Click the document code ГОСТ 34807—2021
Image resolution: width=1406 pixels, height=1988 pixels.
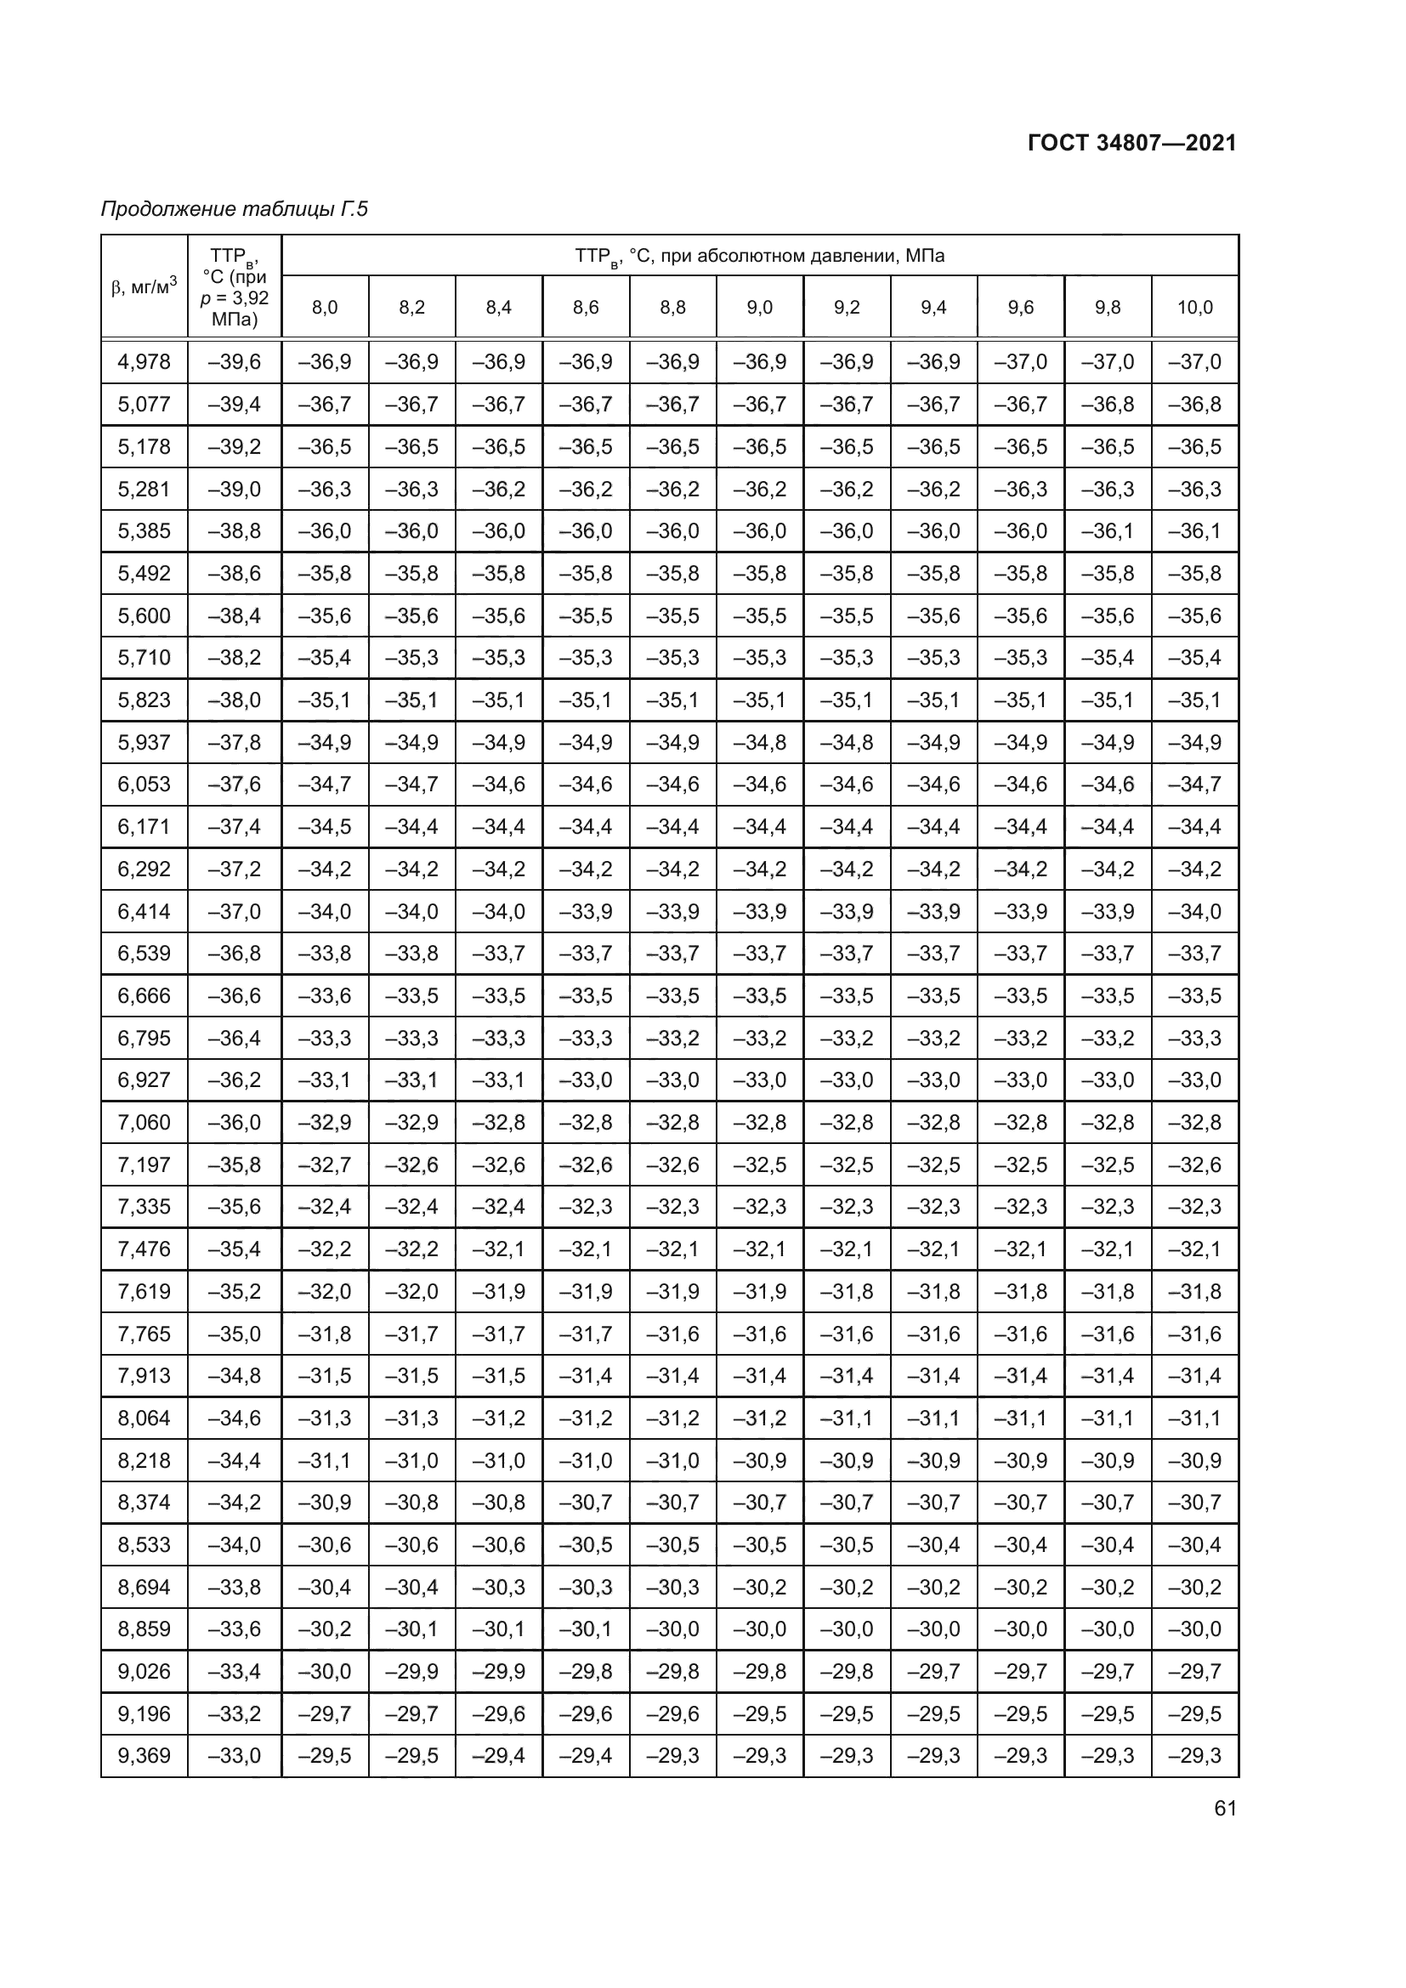[1131, 143]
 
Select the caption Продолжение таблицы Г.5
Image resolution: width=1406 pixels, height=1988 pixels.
[234, 209]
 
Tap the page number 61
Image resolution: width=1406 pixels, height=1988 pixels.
[1225, 1808]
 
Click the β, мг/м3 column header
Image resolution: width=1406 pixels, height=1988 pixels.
[145, 286]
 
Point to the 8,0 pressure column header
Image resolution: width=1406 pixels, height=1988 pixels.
[325, 308]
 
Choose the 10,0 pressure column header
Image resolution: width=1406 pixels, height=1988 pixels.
[1194, 308]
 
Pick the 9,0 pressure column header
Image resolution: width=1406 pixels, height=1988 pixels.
[759, 308]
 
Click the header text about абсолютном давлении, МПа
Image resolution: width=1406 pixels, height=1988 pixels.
[759, 257]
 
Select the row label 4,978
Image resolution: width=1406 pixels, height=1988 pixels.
[145, 362]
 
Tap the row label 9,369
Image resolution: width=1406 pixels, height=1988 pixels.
[145, 1755]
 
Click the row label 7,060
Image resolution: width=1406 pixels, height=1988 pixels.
[145, 1122]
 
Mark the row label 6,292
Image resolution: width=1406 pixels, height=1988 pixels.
[145, 869]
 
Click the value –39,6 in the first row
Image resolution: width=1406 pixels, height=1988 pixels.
[234, 362]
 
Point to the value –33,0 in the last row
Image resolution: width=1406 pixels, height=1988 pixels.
[234, 1755]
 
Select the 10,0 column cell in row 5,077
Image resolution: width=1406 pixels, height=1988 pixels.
[1194, 405]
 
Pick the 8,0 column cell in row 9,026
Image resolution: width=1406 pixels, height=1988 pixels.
[325, 1671]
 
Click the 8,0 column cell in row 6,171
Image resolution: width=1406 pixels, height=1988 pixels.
[325, 827]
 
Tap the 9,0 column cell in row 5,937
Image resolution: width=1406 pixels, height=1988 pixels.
[759, 742]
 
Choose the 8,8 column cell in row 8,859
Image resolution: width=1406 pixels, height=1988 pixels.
[672, 1628]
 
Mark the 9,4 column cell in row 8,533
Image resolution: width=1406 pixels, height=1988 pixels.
[933, 1544]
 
